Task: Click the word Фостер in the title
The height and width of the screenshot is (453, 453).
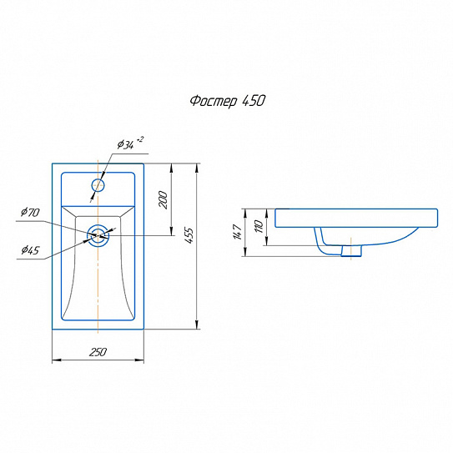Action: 214,102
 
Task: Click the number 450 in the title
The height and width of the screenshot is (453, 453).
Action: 254,101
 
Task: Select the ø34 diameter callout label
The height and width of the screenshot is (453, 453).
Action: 126,144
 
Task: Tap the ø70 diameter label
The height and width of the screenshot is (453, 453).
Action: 30,212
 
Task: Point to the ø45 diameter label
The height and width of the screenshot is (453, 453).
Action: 30,250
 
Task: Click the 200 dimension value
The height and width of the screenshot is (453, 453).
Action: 163,199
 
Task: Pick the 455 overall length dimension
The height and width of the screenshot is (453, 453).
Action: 189,235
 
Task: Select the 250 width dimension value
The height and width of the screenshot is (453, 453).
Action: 98,352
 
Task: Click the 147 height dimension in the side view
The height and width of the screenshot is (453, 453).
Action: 238,232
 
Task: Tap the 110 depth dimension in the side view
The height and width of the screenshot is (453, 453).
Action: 259,226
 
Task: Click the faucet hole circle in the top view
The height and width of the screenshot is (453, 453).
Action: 98,185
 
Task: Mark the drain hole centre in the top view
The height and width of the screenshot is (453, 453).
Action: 98,236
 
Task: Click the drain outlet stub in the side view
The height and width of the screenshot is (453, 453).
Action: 351,251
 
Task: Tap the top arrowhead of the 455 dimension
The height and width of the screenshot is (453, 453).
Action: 197,169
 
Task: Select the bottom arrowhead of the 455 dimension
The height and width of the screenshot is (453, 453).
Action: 197,325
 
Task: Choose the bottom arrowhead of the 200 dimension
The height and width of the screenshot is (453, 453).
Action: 171,231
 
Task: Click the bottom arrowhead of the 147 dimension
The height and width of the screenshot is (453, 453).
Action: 245,252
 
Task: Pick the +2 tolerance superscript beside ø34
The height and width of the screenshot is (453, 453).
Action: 140,139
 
